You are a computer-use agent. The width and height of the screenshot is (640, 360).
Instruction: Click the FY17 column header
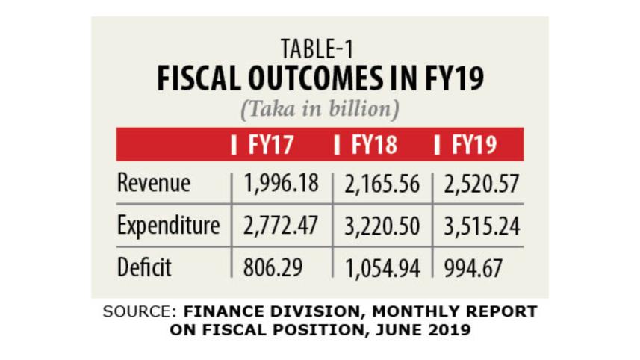tap(270, 144)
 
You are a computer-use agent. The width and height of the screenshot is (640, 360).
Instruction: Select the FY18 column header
tap(373, 144)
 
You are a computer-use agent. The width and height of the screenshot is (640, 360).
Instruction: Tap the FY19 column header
tap(475, 144)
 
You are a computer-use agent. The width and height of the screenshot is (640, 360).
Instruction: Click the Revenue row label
tap(154, 184)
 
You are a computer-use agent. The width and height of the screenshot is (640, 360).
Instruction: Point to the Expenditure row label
tap(168, 225)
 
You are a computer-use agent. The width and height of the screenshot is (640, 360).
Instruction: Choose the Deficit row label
tap(144, 267)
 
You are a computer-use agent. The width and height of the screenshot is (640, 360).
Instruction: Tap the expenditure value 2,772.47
tap(280, 226)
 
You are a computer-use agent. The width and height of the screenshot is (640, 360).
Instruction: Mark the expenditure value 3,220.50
tap(382, 226)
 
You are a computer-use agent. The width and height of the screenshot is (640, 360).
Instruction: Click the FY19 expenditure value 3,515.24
tap(480, 226)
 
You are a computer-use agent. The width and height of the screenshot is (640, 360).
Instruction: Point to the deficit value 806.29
tap(272, 267)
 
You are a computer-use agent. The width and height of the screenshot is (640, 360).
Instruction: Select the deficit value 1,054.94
tap(382, 267)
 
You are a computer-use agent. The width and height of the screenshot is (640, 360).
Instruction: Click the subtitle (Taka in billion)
tap(320, 109)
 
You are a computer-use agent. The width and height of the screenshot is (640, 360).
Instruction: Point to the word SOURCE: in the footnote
tap(140, 311)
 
